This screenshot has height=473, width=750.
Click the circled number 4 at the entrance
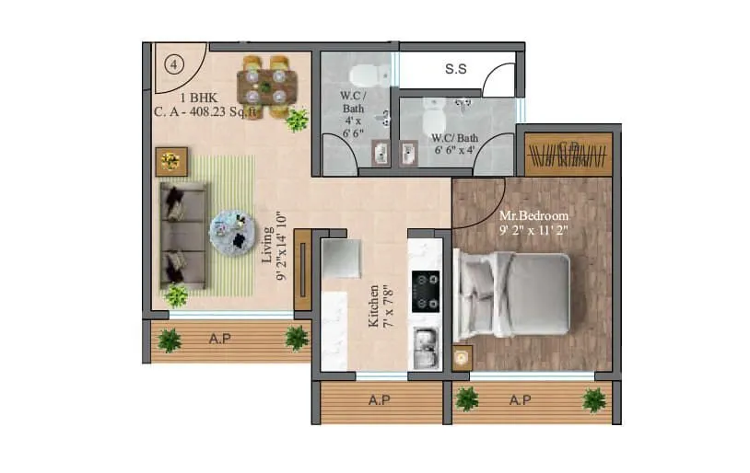tap(173, 64)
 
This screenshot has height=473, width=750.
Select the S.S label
tap(455, 69)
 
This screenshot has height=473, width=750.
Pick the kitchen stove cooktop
tap(425, 289)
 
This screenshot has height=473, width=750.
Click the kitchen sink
tap(425, 349)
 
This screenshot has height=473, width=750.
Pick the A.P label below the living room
tap(219, 339)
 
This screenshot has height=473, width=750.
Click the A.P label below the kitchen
tap(378, 400)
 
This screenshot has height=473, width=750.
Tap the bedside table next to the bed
tap(463, 357)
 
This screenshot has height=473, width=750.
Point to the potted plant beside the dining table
tap(297, 120)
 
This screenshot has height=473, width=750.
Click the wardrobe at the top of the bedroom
tap(568, 155)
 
